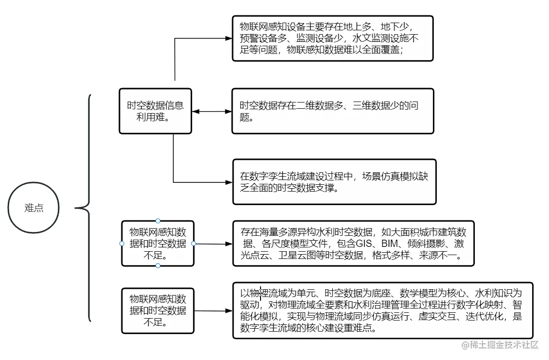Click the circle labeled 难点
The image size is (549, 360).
pyautogui.click(x=34, y=208)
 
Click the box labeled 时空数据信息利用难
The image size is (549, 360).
pyautogui.click(x=155, y=111)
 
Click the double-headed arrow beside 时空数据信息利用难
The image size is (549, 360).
pyautogui.click(x=212, y=112)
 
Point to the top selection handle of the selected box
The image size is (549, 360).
pyautogui.click(x=158, y=221)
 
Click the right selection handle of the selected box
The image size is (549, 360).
pyautogui.click(x=194, y=244)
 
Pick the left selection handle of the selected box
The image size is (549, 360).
pyautogui.click(x=122, y=244)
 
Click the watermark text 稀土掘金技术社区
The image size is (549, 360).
pyautogui.click(x=503, y=345)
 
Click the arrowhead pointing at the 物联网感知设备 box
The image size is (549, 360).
pyautogui.click(x=229, y=38)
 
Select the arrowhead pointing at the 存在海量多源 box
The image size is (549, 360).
pyautogui.click(x=229, y=244)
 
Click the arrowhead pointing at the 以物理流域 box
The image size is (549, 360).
pyautogui.click(x=229, y=311)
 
